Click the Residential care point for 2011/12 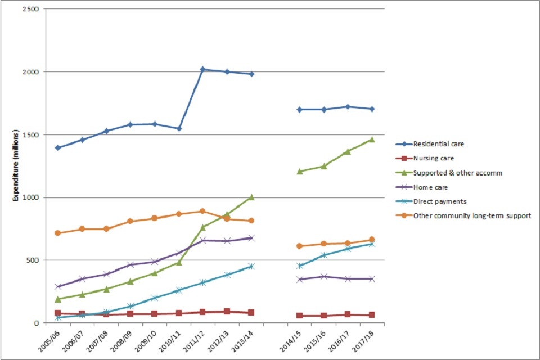[202, 69]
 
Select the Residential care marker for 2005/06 [57, 147]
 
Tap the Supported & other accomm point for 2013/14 [251, 197]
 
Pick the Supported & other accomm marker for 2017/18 [372, 139]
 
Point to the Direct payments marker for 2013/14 [251, 266]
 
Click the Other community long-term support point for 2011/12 [202, 211]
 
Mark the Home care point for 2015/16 [324, 276]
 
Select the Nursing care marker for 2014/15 [300, 316]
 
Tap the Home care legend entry [430, 187]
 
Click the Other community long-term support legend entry [471, 215]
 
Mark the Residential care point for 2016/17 [348, 106]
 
